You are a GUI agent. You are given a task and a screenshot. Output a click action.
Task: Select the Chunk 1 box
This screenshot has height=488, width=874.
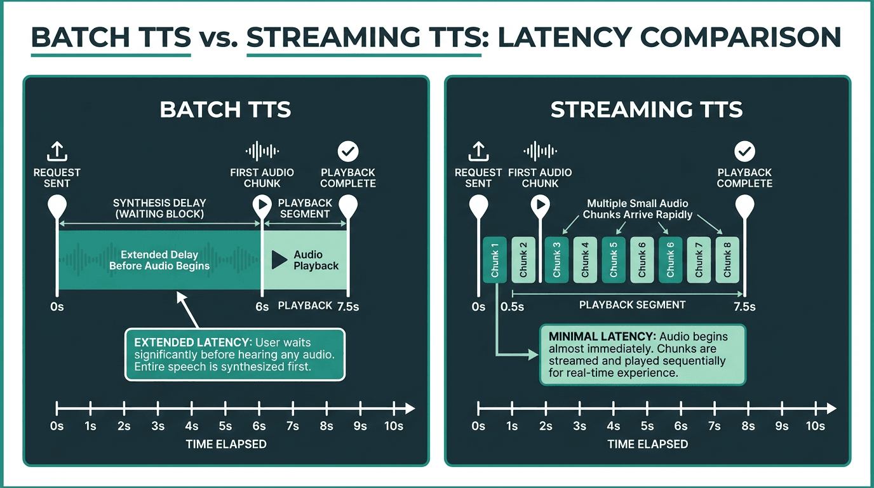(495, 259)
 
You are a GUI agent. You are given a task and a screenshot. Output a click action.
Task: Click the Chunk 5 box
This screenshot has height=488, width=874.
(614, 259)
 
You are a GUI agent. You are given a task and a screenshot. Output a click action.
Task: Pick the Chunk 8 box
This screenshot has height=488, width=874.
(727, 259)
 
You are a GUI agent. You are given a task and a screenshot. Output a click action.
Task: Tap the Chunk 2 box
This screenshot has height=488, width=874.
(523, 259)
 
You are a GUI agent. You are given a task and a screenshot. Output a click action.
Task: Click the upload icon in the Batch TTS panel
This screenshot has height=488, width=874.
(57, 151)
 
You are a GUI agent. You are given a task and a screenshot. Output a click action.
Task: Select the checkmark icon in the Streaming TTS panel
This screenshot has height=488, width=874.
(744, 151)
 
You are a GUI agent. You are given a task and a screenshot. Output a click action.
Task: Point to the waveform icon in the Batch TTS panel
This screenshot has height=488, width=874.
(262, 151)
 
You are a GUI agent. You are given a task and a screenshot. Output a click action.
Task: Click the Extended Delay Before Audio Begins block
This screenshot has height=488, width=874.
(159, 260)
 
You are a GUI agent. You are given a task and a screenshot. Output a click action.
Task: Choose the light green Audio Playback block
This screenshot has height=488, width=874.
(305, 260)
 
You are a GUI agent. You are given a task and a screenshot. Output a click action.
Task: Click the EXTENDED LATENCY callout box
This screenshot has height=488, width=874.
(234, 354)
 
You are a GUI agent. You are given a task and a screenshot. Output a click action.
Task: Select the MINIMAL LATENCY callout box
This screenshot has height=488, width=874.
(642, 355)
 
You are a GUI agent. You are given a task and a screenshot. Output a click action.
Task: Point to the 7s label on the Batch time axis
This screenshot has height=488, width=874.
(292, 426)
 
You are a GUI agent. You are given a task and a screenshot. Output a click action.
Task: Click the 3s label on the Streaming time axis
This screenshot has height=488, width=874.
(579, 426)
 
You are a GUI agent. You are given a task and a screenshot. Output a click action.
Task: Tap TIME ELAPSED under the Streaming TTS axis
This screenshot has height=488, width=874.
(647, 444)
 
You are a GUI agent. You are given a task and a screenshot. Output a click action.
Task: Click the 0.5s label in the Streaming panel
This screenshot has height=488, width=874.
(512, 307)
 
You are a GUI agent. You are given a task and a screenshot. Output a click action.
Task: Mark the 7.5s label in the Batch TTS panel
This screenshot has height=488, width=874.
(347, 307)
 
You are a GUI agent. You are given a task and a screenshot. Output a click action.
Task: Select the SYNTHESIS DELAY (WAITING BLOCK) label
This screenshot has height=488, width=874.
(159, 208)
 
